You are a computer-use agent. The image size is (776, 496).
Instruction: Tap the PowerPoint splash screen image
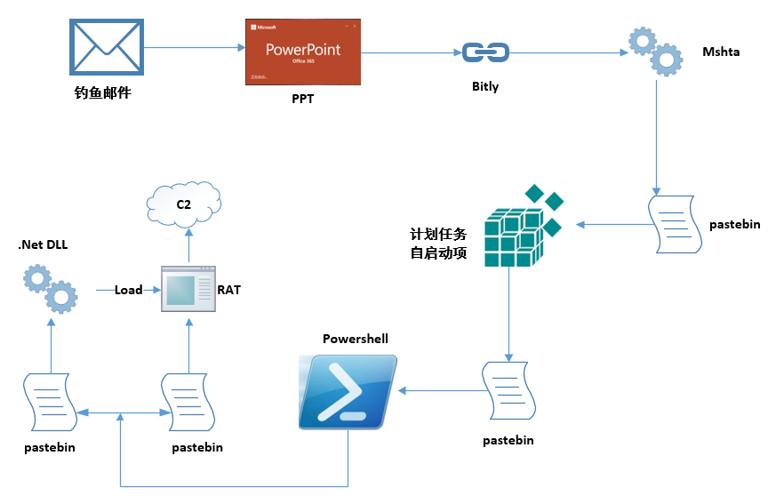point(302,52)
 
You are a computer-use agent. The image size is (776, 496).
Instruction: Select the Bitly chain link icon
point(484,53)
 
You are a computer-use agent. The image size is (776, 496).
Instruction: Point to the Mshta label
point(721,52)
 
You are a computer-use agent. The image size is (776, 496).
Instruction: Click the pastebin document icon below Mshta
point(673,222)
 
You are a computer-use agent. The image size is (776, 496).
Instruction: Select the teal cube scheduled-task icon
point(520,228)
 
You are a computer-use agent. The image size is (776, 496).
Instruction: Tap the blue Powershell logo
point(348,392)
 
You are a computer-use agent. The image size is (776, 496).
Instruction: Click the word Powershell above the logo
point(356,340)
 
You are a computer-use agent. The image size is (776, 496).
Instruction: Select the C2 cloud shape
point(184,204)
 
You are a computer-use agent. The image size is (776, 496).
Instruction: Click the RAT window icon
point(188,288)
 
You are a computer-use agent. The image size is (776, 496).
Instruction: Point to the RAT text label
point(229,290)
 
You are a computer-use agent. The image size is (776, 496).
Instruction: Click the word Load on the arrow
point(128,290)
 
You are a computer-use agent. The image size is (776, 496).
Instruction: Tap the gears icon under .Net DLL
point(50,289)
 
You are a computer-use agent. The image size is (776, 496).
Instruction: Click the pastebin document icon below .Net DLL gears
point(49,401)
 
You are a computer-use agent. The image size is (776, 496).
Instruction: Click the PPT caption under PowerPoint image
point(302,100)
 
